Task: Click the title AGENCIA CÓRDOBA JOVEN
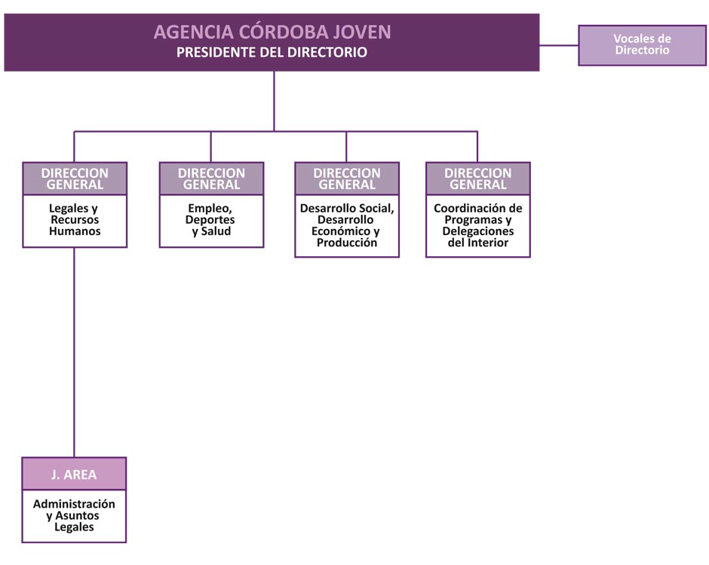pos(272,32)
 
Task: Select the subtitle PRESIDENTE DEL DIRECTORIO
pos(272,53)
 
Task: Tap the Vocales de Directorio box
pos(642,45)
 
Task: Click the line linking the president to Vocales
pos(559,45)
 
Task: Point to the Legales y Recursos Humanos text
pos(75,220)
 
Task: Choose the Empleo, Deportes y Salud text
pos(210,220)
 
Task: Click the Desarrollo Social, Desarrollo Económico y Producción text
pos(347,225)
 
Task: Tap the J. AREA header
pos(74,474)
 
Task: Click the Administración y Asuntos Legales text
pos(74,515)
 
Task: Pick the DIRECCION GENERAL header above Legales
pos(75,179)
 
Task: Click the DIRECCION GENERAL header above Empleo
pos(211,179)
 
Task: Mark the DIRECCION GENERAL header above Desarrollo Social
pos(347,179)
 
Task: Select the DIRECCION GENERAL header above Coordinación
pos(478,179)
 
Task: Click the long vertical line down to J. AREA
pos(74,353)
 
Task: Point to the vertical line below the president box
pos(274,101)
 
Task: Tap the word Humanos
pos(75,231)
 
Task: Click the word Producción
pos(347,243)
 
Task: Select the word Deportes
pos(210,220)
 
